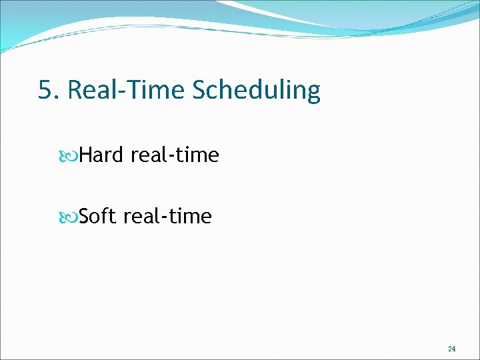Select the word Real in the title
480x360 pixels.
(89, 90)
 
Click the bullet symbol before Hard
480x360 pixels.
(71, 155)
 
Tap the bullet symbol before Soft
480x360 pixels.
(71, 217)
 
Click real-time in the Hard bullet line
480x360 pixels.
(175, 155)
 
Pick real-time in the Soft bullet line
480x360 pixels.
(168, 216)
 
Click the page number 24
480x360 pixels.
(451, 349)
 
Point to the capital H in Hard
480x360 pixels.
(86, 155)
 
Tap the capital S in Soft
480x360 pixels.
(85, 216)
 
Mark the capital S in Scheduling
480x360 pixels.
(200, 90)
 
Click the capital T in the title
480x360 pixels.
(130, 90)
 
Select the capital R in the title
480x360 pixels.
(75, 90)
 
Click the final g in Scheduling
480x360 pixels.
(313, 93)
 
